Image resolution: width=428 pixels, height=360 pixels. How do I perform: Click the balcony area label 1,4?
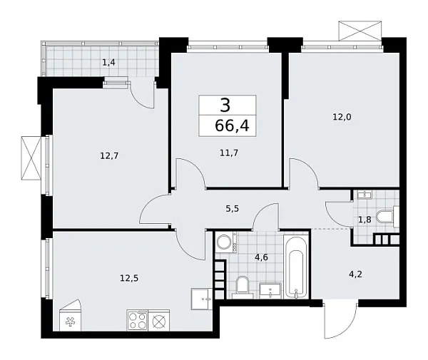tap(108, 63)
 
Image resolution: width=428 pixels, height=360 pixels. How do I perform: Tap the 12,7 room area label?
tap(109, 156)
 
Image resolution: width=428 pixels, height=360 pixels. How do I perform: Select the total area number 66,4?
tap(232, 125)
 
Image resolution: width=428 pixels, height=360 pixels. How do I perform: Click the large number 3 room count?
tap(225, 106)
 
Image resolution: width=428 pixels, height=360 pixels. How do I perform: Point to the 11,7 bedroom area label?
tap(229, 153)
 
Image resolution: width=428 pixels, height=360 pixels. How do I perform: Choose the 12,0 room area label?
tap(342, 117)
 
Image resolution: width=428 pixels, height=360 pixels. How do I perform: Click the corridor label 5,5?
tap(233, 209)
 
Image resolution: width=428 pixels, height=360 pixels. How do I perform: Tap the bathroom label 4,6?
tap(261, 257)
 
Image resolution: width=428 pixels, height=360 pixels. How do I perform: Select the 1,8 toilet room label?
tap(365, 220)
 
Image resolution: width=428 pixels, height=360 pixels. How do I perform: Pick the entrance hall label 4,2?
tap(356, 274)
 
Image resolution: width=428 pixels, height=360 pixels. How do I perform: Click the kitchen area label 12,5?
tap(129, 278)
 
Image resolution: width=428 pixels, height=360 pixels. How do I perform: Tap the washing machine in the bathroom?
tap(226, 242)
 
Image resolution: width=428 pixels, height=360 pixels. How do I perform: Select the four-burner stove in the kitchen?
tap(137, 321)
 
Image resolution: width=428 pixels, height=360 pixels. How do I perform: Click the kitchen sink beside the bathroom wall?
tap(202, 299)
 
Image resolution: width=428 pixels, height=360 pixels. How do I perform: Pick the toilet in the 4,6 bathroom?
tap(243, 287)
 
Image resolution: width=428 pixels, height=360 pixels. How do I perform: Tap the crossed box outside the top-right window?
tap(360, 31)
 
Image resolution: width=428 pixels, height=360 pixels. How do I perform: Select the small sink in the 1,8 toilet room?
tap(365, 195)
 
